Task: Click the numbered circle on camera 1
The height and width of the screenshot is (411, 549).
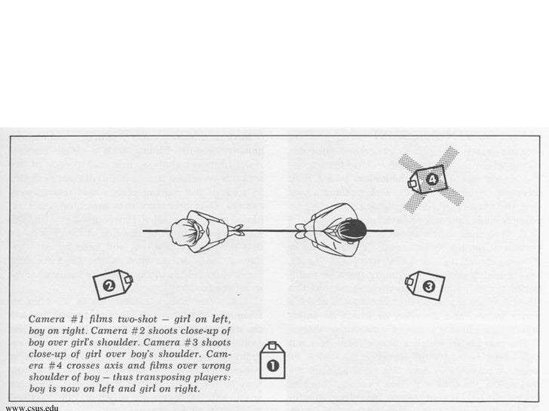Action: (x=272, y=366)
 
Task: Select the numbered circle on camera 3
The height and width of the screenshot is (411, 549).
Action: (x=428, y=286)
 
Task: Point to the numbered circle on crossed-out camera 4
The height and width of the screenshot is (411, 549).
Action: (x=432, y=179)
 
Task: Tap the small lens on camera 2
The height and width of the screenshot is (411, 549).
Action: (x=130, y=279)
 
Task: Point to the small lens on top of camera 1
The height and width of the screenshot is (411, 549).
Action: (x=272, y=347)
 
